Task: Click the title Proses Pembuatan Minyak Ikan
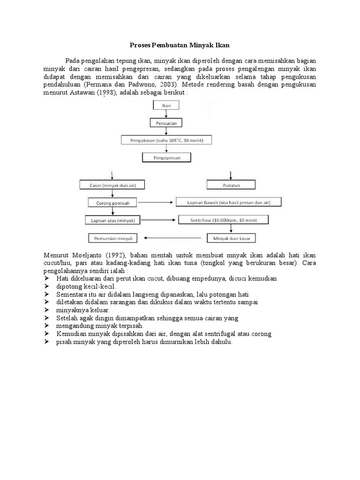[180, 45]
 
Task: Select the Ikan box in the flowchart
[166, 105]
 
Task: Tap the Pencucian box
[166, 123]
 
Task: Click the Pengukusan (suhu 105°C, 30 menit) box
[166, 140]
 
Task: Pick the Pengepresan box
[166, 158]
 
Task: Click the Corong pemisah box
[112, 203]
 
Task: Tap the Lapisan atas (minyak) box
[112, 220]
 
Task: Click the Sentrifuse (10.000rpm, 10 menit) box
[222, 220]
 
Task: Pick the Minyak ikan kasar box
[232, 238]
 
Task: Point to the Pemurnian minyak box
[112, 238]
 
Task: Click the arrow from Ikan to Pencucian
[166, 114]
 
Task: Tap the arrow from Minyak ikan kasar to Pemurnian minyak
[175, 238]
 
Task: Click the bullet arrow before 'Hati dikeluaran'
[47, 278]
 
